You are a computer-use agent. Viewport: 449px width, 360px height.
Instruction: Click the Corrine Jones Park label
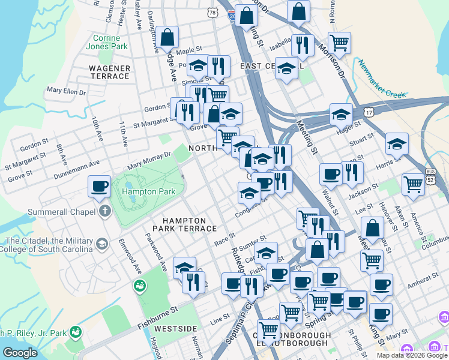tap(110, 42)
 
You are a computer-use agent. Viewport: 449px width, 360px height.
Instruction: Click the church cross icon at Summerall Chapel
tap(105, 211)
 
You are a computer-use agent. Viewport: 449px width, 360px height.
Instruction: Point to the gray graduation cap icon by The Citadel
tap(101, 244)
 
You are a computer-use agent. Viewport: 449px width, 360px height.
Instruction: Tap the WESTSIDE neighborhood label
tap(175, 329)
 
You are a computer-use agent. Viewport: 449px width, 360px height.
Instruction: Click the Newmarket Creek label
tap(383, 79)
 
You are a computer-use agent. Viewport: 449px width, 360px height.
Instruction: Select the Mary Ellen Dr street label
tap(67, 92)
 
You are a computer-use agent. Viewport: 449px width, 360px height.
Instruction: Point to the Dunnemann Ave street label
tap(77, 163)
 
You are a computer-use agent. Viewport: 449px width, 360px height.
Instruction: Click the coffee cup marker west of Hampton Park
tap(100, 185)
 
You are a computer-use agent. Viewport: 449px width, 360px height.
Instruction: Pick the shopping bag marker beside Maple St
tap(168, 37)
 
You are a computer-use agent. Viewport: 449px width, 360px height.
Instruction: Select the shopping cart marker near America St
tap(413, 184)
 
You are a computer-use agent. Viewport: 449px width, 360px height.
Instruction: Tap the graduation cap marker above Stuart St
tap(397, 143)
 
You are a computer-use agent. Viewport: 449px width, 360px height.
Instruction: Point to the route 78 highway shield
tap(211, 13)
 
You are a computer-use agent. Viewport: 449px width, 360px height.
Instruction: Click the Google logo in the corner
tap(20, 353)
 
